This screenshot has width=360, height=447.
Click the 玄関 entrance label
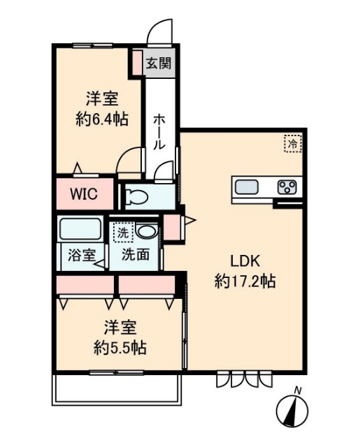[x=159, y=63]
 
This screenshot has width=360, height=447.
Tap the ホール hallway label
[x=159, y=132]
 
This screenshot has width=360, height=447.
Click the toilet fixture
[x=138, y=196]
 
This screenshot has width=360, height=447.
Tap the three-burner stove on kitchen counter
[x=287, y=186]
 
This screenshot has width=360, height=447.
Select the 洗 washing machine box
[x=122, y=231]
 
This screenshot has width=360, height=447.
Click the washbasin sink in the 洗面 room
[x=146, y=230]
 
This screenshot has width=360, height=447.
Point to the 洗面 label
[x=135, y=255]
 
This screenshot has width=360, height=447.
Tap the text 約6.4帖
[x=101, y=119]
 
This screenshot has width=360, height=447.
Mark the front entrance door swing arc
[x=159, y=34]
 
